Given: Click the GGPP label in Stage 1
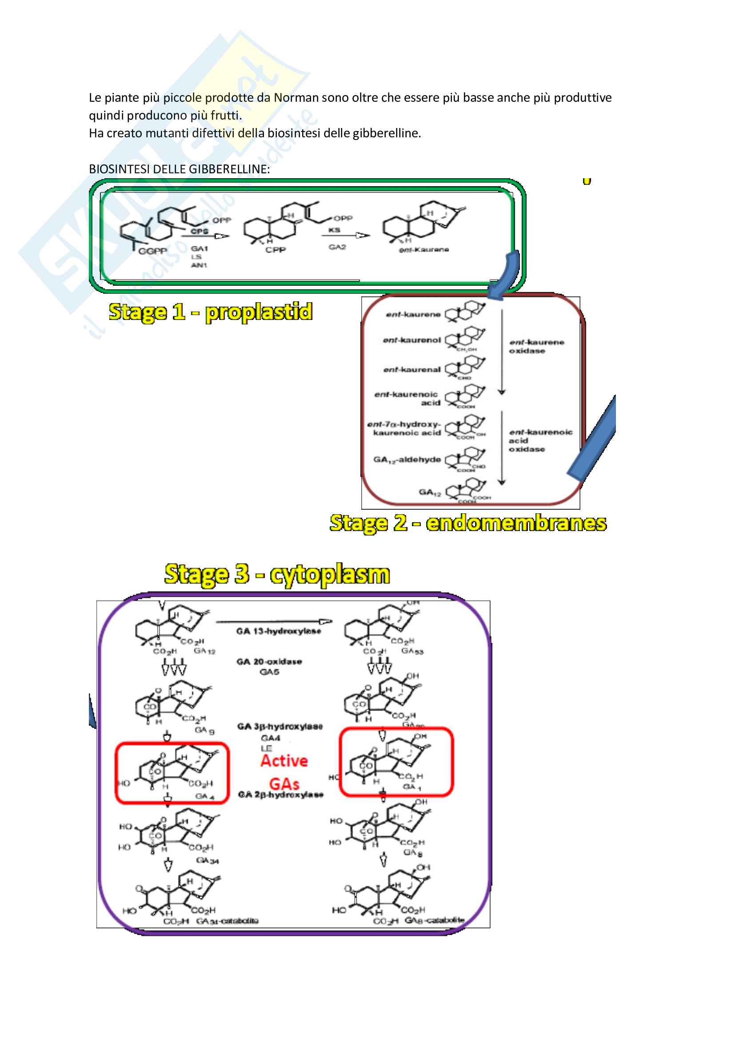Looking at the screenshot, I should coord(152,251).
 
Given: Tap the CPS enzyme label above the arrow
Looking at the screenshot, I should coord(199,231).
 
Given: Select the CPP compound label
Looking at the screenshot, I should coord(275,250).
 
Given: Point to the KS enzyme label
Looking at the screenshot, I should coord(334,230).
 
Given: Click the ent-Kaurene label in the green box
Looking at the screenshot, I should coord(423,249).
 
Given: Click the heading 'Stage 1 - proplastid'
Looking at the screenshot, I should coord(211,312).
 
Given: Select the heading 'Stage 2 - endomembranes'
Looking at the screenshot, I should coord(468,523).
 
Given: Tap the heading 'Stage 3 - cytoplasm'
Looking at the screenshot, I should coord(277,574).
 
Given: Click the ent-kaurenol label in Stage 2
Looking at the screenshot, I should coord(411,340).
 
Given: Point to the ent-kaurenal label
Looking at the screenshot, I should coord(411,370).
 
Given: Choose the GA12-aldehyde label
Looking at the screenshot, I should coord(407,460).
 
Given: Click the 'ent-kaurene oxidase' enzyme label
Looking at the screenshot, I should coord(536,347).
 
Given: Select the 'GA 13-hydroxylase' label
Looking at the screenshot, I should coord(278,631).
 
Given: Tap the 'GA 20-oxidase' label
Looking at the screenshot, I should coord(269,662).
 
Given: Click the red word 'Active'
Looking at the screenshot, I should coord(284,761).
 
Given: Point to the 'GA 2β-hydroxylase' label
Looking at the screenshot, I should coord(280,795).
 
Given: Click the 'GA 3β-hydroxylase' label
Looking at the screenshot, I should coord(280,726).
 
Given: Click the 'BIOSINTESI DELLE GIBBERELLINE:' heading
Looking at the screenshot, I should coord(179,169).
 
